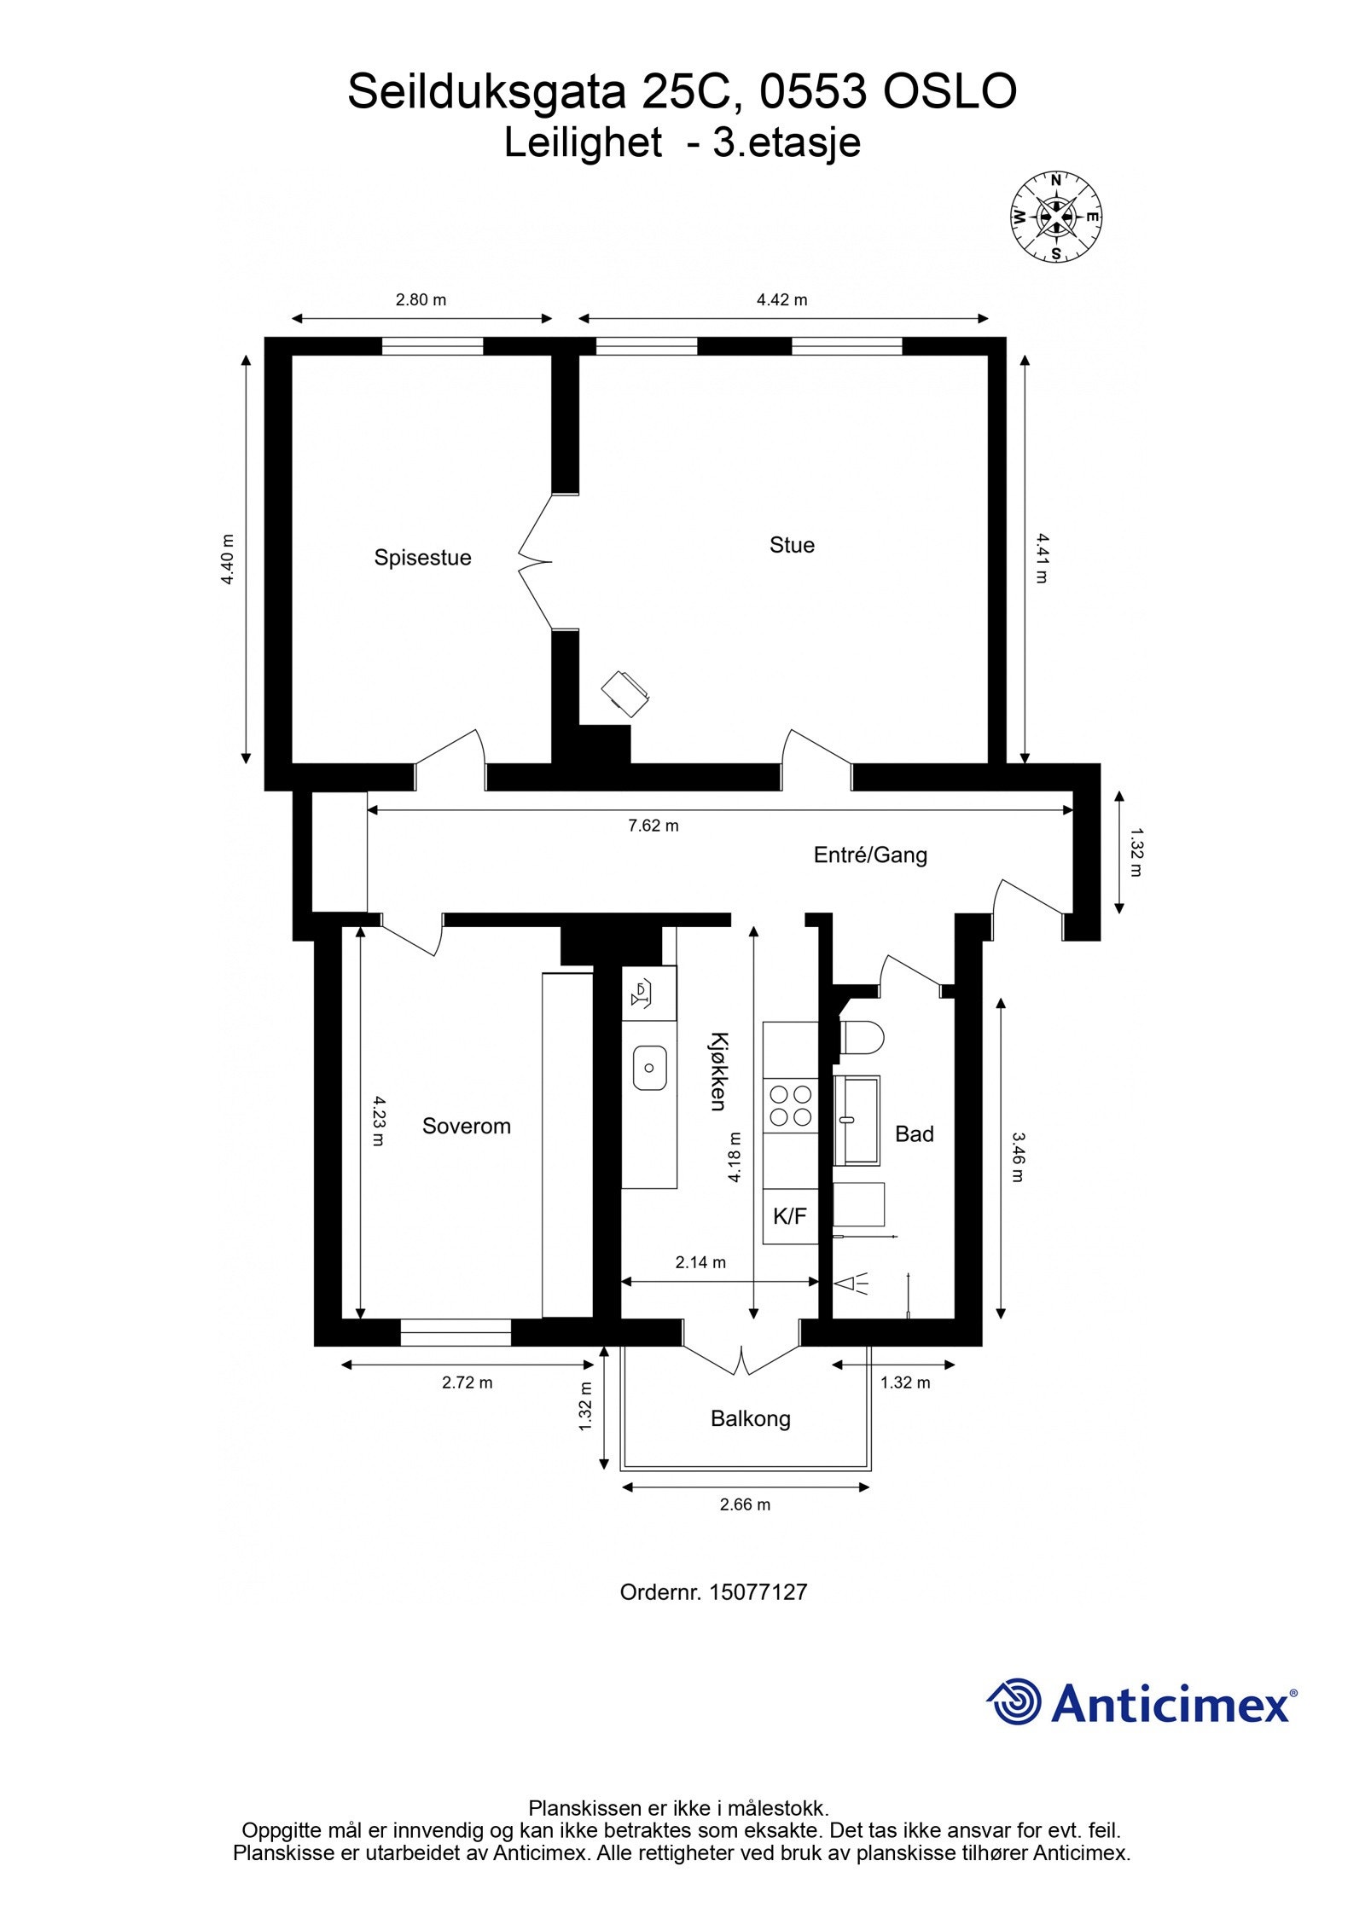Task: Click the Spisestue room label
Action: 422,558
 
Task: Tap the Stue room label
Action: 791,545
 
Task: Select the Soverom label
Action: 466,1126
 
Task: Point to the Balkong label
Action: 750,1418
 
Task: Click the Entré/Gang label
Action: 869,855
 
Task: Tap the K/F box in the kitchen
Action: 789,1216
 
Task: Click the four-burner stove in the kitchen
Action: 790,1104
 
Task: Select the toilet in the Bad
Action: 862,1038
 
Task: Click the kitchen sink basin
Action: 649,1067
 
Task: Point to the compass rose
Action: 1055,217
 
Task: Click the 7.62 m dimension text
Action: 653,826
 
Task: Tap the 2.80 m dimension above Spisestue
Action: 421,299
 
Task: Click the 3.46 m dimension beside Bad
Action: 1016,1156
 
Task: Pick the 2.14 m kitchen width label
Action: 700,1286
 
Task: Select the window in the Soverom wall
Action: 455,1332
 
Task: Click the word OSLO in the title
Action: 949,92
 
